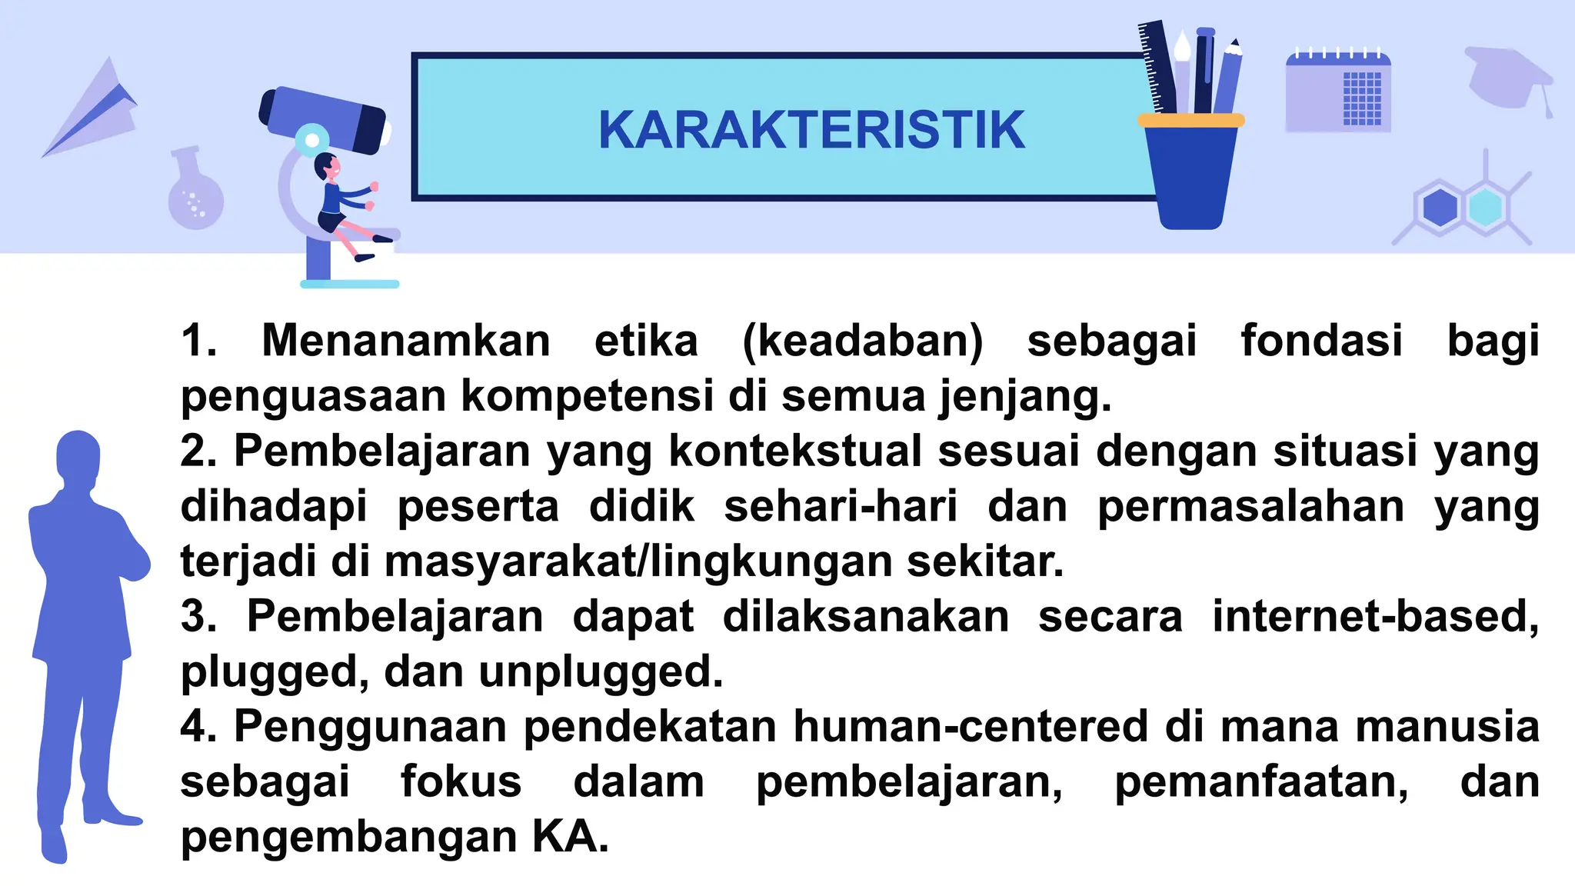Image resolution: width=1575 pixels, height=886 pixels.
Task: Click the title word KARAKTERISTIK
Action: click(811, 130)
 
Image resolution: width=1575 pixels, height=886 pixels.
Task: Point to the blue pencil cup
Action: click(1190, 173)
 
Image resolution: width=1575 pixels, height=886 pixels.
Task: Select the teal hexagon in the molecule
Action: click(1485, 208)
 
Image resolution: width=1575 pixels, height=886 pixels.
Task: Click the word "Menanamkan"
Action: click(405, 341)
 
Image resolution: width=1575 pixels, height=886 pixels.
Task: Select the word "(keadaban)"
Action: click(862, 341)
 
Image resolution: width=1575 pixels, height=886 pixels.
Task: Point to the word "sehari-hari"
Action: click(841, 506)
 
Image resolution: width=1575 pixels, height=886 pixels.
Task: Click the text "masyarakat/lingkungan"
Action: click(638, 561)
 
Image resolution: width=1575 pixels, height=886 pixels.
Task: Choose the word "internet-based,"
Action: click(1375, 617)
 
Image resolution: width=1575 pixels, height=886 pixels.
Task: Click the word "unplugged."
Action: click(601, 672)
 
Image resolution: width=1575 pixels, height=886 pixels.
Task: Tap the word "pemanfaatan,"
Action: click(1261, 782)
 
